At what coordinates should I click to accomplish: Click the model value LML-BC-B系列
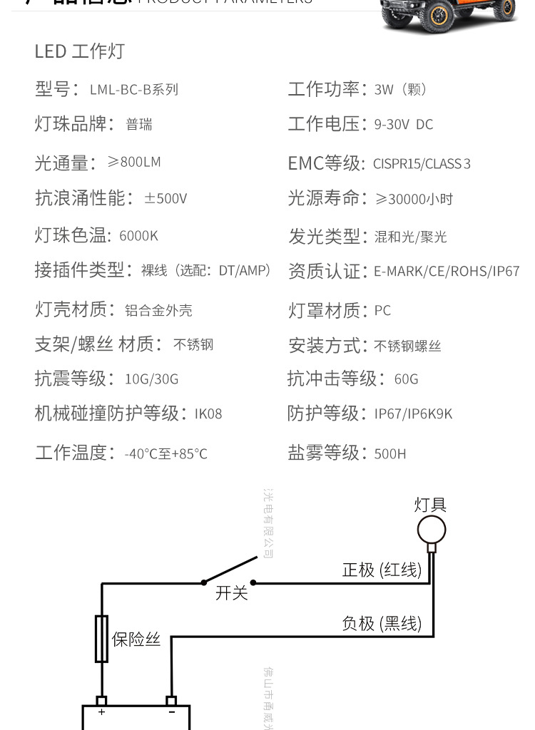(134, 90)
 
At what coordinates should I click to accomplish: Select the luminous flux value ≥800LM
(134, 162)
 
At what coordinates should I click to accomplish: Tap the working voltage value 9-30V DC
(404, 125)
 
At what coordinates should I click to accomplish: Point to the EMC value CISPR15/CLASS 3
(422, 164)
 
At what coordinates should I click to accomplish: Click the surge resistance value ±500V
(165, 199)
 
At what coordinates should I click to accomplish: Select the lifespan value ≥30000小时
(414, 200)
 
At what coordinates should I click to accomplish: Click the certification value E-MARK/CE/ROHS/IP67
(447, 272)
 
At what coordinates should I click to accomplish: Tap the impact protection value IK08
(208, 414)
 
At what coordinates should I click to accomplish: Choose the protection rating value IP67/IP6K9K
(413, 414)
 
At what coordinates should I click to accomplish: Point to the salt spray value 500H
(390, 453)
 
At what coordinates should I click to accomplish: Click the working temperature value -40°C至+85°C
(165, 453)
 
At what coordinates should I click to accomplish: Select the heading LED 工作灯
(80, 51)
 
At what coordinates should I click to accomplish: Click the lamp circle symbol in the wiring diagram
(432, 530)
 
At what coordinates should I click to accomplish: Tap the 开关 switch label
(232, 593)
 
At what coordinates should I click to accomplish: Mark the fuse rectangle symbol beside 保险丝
(101, 639)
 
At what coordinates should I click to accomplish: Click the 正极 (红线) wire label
(382, 570)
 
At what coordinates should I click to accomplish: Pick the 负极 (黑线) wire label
(382, 624)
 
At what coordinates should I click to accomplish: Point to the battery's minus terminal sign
(171, 711)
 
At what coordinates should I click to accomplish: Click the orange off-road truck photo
(449, 14)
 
